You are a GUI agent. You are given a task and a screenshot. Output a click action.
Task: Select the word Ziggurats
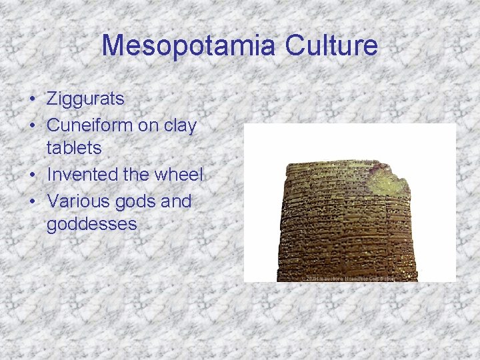coord(85,99)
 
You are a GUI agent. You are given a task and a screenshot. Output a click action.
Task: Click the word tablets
coord(73,148)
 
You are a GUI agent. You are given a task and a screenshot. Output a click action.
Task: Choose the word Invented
coord(82,175)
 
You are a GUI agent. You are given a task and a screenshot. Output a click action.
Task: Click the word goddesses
coord(91,224)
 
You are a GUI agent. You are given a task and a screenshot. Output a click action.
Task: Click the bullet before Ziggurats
coord(32,100)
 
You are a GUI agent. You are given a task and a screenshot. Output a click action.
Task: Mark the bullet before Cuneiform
coord(32,125)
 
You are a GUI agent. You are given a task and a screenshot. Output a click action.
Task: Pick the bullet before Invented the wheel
coord(32,175)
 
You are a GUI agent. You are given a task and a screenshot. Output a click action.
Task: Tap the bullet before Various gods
coord(32,201)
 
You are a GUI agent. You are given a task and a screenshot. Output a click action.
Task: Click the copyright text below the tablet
coord(347,277)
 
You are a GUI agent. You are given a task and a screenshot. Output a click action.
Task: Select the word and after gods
coord(175,201)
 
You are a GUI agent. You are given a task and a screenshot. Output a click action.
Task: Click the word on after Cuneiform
coord(151,125)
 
